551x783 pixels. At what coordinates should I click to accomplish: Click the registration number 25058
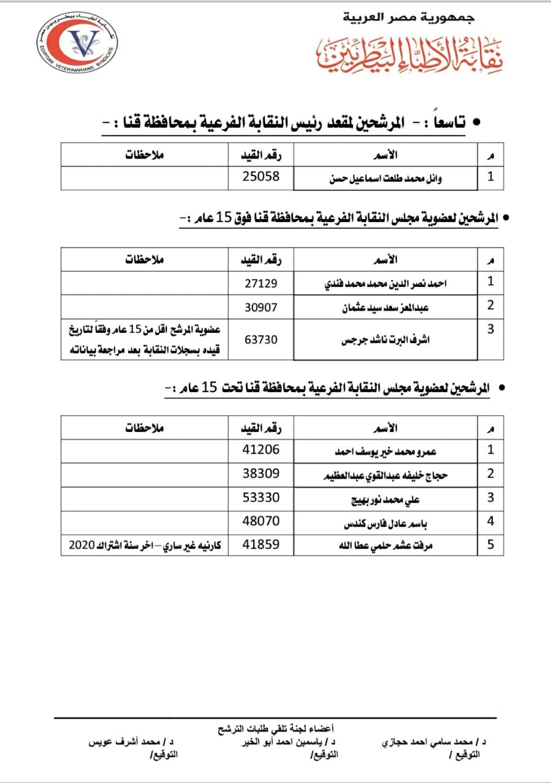pyautogui.click(x=261, y=177)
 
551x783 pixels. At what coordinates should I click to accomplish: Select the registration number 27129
pyautogui.click(x=261, y=283)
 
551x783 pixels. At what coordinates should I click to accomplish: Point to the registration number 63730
pyautogui.click(x=261, y=338)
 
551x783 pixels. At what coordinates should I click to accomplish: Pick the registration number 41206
pyautogui.click(x=261, y=450)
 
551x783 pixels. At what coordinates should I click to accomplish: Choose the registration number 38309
pyautogui.click(x=261, y=473)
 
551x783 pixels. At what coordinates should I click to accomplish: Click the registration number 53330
pyautogui.click(x=261, y=497)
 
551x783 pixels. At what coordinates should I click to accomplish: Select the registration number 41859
pyautogui.click(x=261, y=544)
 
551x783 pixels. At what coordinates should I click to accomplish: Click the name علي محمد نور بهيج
pyautogui.click(x=385, y=499)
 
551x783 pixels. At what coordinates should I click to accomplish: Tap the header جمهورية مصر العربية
pyautogui.click(x=409, y=18)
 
